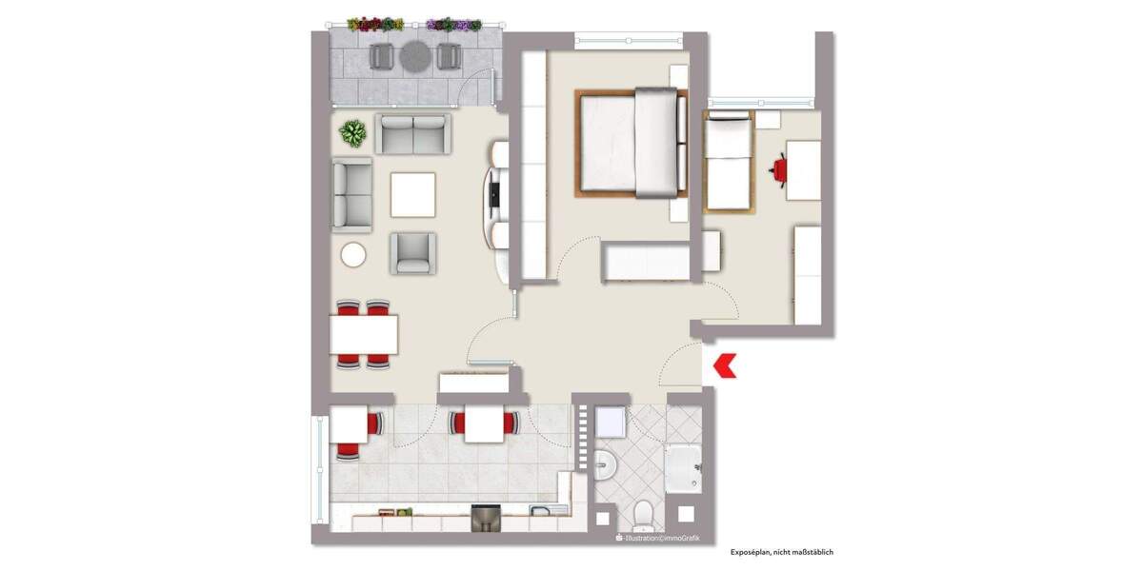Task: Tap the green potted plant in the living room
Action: point(353,133)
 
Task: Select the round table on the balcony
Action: point(415,56)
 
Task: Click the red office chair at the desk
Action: point(780,169)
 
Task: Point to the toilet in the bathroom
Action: point(644,515)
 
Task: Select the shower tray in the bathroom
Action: point(683,466)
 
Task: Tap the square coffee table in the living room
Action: point(412,194)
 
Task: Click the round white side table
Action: point(353,254)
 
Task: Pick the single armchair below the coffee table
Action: point(412,253)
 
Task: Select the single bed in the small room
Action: point(728,160)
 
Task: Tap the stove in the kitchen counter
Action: point(486,520)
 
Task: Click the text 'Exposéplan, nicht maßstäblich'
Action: point(781,552)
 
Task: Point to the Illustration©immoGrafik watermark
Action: point(662,539)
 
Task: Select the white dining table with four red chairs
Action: point(363,334)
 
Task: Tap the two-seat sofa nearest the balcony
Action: point(413,133)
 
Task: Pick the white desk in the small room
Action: point(804,169)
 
